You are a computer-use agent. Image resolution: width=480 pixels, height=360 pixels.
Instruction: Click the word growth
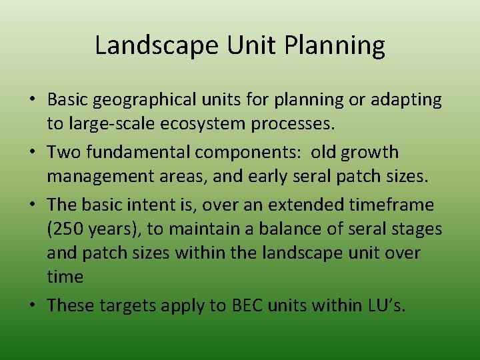(x=370, y=153)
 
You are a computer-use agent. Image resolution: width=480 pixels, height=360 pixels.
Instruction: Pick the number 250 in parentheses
(x=64, y=229)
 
